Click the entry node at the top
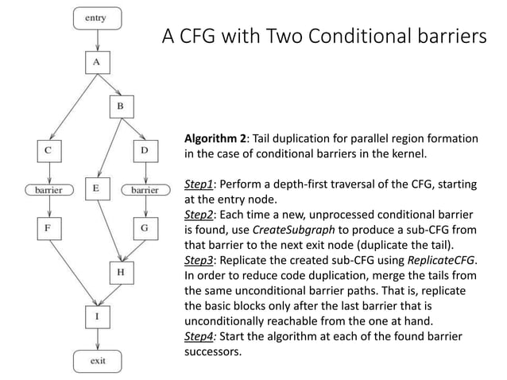tap(96, 16)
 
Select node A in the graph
tap(96, 61)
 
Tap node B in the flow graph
tap(120, 106)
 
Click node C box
tap(49, 149)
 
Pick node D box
tap(144, 149)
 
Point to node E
tap(96, 189)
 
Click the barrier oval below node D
tap(144, 190)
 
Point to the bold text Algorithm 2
tap(215, 138)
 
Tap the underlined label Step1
tap(199, 184)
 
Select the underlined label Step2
tap(199, 214)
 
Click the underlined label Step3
tap(199, 260)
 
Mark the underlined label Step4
tap(199, 336)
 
